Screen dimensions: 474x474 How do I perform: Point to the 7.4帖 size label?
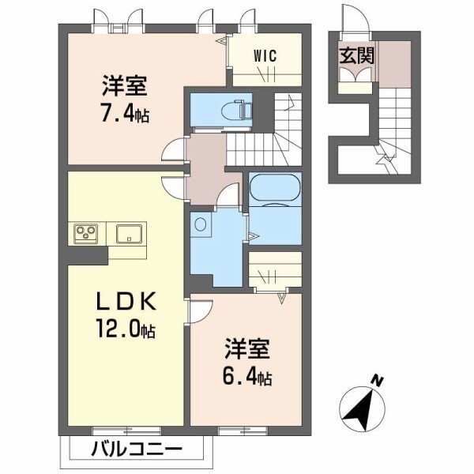coord(124,112)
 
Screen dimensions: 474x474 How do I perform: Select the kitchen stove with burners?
coord(86,234)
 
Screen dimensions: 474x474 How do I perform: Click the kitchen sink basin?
coord(129,234)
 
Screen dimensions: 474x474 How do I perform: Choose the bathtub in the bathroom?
coord(274,190)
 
